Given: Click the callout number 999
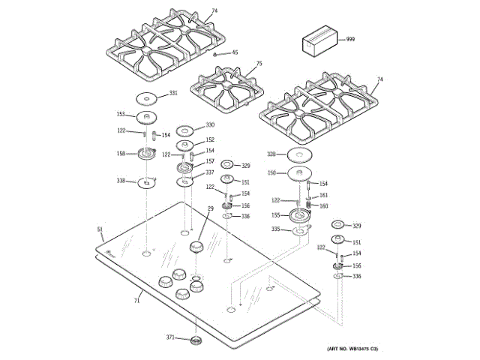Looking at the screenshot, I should (x=350, y=38).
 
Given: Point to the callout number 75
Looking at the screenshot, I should (x=259, y=64).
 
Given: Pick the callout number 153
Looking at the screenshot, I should (x=121, y=114).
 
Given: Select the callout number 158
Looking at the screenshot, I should (x=121, y=153).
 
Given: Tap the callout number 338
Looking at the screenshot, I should (x=121, y=181).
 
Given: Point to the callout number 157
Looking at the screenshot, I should (x=211, y=161).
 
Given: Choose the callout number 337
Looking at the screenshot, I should (x=211, y=173).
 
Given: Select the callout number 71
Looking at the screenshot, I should (x=137, y=301).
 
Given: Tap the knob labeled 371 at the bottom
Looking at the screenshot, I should (x=196, y=342).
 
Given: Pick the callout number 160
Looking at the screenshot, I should (x=324, y=205).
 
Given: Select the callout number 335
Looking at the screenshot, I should (x=275, y=229).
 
